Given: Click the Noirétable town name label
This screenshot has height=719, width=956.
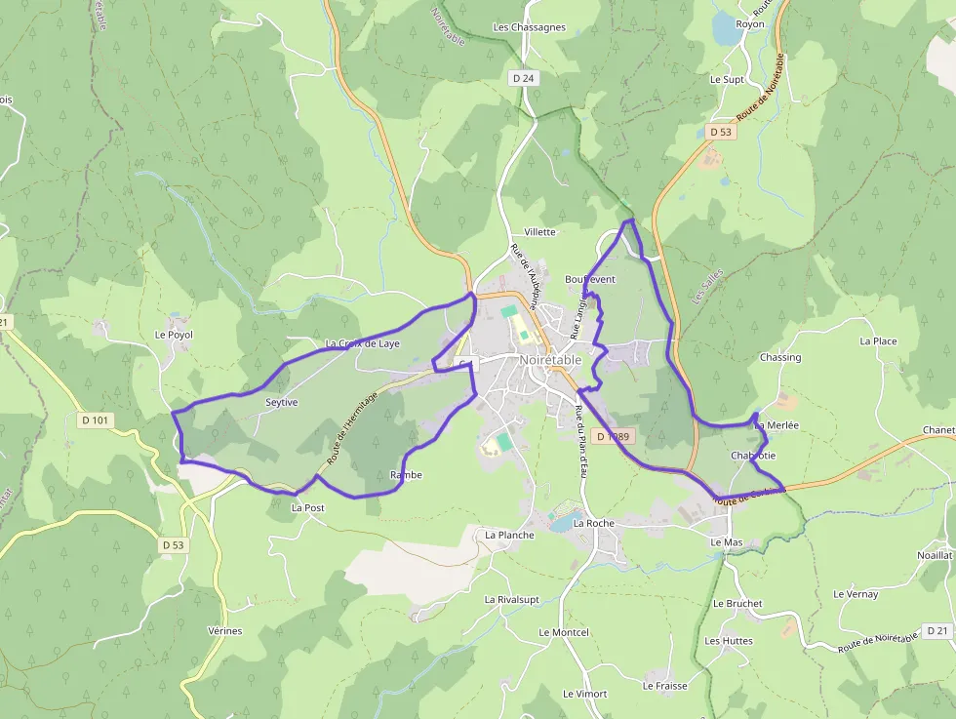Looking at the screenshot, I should click(x=550, y=359).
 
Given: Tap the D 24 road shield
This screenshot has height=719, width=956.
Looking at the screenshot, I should click(x=523, y=76).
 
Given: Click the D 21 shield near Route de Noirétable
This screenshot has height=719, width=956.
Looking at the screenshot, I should click(x=937, y=631).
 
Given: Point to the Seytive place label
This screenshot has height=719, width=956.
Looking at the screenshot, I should click(x=281, y=402).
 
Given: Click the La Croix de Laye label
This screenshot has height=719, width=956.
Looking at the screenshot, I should click(x=362, y=343).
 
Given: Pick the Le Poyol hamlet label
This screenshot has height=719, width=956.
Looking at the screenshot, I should click(x=174, y=335).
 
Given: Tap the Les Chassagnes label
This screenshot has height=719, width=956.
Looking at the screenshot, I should click(x=529, y=27).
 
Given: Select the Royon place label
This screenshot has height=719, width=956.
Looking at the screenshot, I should click(x=750, y=23).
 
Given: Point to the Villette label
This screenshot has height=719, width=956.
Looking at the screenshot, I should click(x=539, y=232).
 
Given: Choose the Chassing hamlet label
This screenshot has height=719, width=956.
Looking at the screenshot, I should click(x=780, y=357).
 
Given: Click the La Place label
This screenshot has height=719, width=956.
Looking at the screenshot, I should click(x=878, y=341).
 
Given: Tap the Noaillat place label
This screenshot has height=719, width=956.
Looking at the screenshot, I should click(x=934, y=554).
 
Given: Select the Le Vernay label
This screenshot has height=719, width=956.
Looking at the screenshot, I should click(x=856, y=594).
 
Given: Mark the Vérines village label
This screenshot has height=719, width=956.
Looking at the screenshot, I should click(x=224, y=631).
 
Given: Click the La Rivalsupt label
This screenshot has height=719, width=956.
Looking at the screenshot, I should click(x=517, y=599).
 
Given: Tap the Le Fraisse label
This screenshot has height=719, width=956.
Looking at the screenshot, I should click(x=664, y=686).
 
